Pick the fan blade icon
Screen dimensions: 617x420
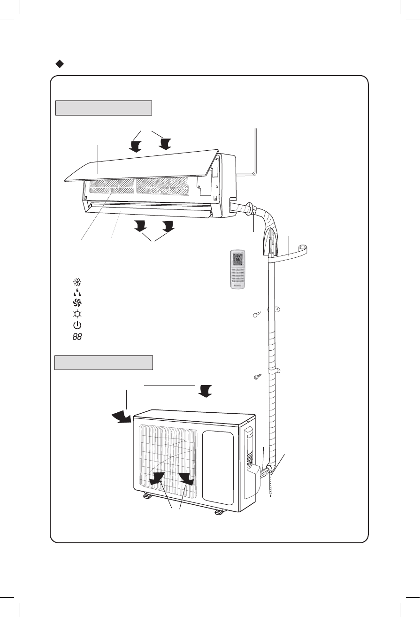click(77, 303)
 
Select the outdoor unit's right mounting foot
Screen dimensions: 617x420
click(220, 512)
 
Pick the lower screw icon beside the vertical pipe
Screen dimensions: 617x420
click(256, 378)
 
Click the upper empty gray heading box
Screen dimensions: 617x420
click(104, 108)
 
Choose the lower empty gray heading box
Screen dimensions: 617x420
click(104, 363)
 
